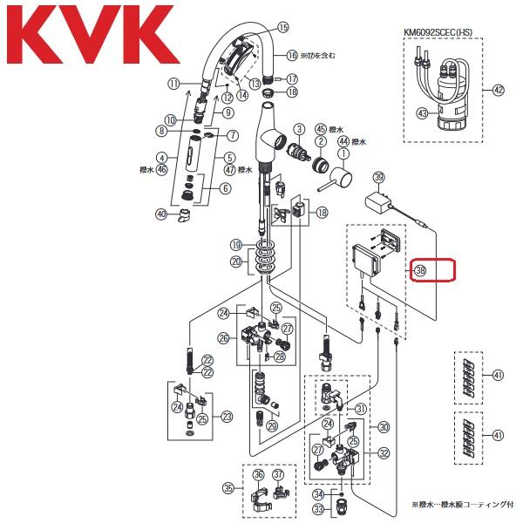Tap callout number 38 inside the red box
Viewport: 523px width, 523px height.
(x=420, y=270)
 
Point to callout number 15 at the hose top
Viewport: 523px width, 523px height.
(x=282, y=28)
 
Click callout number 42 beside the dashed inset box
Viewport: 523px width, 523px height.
(x=499, y=90)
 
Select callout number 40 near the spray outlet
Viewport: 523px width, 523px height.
(x=160, y=214)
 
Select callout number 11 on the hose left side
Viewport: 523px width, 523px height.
(x=173, y=84)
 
